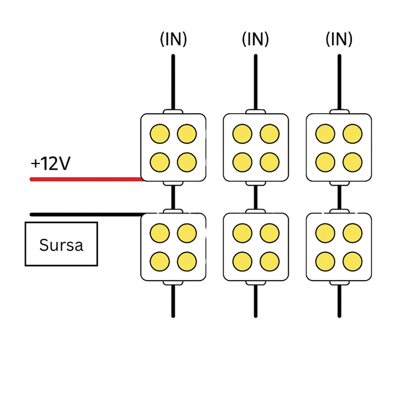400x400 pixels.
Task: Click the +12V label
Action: click(50, 164)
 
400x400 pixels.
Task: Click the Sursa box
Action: click(61, 245)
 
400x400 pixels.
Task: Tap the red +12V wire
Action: click(86, 179)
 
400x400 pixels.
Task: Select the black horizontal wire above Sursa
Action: click(86, 215)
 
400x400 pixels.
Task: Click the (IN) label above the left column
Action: click(173, 39)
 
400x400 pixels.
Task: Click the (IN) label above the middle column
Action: click(255, 39)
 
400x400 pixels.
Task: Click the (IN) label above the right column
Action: click(339, 39)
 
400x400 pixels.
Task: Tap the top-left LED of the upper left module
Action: click(160, 134)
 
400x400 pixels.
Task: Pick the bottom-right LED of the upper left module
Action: click(187, 162)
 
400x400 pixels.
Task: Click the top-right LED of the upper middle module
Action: click(269, 134)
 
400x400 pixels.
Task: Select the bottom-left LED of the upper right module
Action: click(325, 162)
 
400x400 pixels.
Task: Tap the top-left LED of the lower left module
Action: click(160, 233)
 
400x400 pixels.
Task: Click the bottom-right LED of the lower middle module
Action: click(269, 261)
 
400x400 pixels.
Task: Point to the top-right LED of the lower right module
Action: click(352, 233)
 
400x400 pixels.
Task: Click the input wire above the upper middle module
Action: click(255, 80)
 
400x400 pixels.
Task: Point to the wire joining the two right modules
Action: click(339, 197)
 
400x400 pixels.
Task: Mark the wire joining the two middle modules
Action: click(255, 197)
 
